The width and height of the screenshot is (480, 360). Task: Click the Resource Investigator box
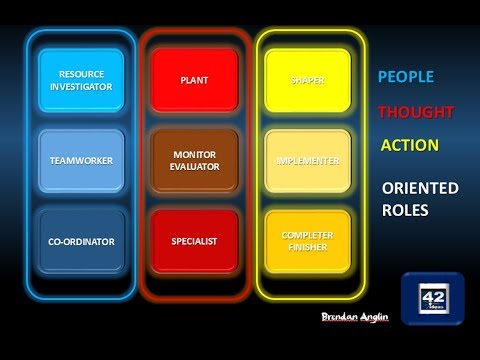click(81, 80)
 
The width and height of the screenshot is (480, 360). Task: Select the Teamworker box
click(81, 160)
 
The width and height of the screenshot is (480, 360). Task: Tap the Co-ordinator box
click(81, 241)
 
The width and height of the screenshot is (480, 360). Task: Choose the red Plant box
click(194, 80)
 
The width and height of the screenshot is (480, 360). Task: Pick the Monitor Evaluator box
click(194, 160)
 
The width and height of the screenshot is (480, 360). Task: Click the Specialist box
click(194, 241)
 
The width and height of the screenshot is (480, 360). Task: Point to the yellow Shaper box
click(307, 80)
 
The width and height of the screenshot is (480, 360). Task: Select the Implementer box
click(307, 160)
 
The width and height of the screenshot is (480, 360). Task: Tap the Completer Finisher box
click(307, 241)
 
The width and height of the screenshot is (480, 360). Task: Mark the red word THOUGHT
click(416, 112)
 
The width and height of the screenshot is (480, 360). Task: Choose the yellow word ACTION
click(409, 145)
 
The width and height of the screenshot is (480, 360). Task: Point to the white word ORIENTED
click(420, 188)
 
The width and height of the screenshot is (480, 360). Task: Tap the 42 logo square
click(432, 297)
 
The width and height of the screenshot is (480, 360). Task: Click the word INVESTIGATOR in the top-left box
click(81, 87)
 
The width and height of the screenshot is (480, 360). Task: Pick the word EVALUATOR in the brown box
click(194, 167)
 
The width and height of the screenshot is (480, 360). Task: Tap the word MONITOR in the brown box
click(194, 154)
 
